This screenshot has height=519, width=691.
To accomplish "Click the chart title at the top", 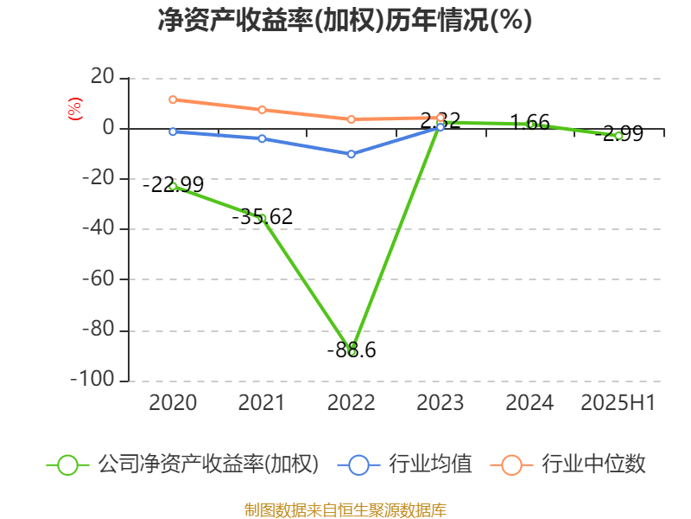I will [x=345, y=21].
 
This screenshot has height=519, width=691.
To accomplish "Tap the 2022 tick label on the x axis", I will [x=351, y=403].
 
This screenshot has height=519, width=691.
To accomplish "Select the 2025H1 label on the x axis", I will [x=618, y=403].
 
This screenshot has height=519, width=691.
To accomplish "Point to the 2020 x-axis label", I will [x=173, y=403].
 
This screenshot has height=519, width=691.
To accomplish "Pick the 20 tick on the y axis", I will [x=103, y=78].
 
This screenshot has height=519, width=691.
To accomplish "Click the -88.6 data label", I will [x=351, y=350].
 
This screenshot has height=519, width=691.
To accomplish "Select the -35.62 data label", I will [x=263, y=217].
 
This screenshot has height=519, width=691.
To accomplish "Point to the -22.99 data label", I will [x=173, y=184].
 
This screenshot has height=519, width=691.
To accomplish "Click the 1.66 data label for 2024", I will [x=529, y=123].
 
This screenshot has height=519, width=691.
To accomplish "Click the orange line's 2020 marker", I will [x=173, y=99].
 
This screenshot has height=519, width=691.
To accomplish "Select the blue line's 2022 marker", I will [x=351, y=154].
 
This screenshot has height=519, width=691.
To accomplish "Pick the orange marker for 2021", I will [x=262, y=110].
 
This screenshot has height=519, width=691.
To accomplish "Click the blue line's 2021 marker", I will [x=262, y=138].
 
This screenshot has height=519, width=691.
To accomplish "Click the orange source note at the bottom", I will [x=345, y=509].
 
